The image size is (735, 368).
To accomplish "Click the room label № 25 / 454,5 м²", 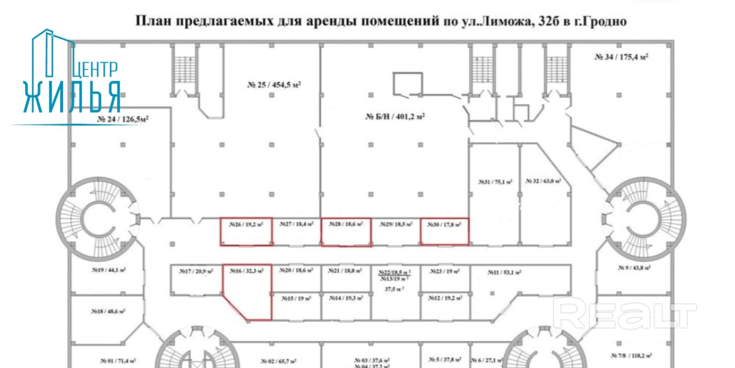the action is tap(274, 85).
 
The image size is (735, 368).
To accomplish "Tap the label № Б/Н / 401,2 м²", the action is tap(395, 117).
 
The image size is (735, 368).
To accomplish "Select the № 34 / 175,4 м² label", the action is tap(621, 57).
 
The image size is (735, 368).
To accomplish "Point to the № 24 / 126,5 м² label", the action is tap(123, 119).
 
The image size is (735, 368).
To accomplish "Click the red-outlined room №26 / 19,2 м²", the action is tap(246, 231).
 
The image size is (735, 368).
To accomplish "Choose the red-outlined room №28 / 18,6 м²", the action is tap(346, 232).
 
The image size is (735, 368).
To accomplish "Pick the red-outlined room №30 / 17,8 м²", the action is tap(444, 231).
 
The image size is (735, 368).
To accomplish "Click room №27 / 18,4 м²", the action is tap(296, 231).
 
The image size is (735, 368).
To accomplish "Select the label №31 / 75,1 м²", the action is tap(495, 182).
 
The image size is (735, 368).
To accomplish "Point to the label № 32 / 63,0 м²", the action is tap(543, 181).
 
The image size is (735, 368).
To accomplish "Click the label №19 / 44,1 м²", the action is tap(108, 270).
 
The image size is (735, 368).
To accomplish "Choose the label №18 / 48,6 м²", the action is tap(108, 312).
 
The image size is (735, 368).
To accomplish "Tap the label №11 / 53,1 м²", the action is tap(504, 273).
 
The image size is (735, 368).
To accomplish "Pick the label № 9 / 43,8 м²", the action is tap(634, 267).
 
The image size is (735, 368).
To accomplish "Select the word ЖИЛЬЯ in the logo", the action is tap(72, 97).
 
